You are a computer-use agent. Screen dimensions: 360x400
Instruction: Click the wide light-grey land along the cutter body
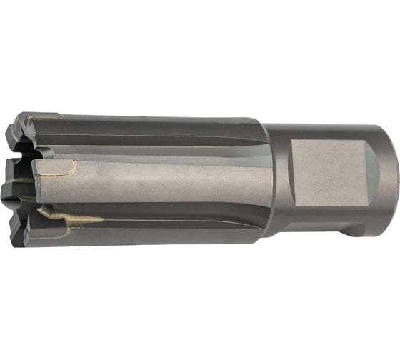[x=171, y=182]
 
